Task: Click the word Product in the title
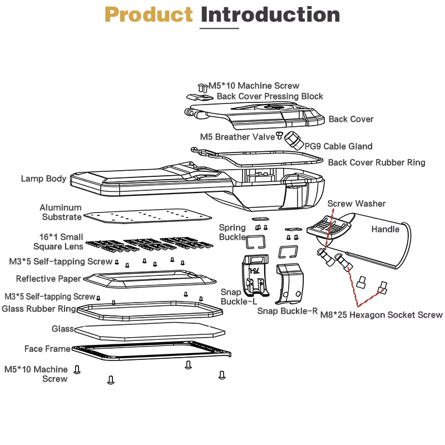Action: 149,15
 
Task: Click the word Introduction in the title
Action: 270,15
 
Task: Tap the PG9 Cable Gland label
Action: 338,146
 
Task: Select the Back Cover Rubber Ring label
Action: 377,162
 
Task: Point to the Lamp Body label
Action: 43,179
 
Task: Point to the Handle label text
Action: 385,229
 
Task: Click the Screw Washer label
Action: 356,204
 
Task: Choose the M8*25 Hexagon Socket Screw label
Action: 382,315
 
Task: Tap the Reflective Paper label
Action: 48,279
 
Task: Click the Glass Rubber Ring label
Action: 39,309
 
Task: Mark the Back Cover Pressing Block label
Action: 270,96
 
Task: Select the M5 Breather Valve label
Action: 238,136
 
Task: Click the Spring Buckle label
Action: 232,232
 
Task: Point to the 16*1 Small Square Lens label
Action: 57,241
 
